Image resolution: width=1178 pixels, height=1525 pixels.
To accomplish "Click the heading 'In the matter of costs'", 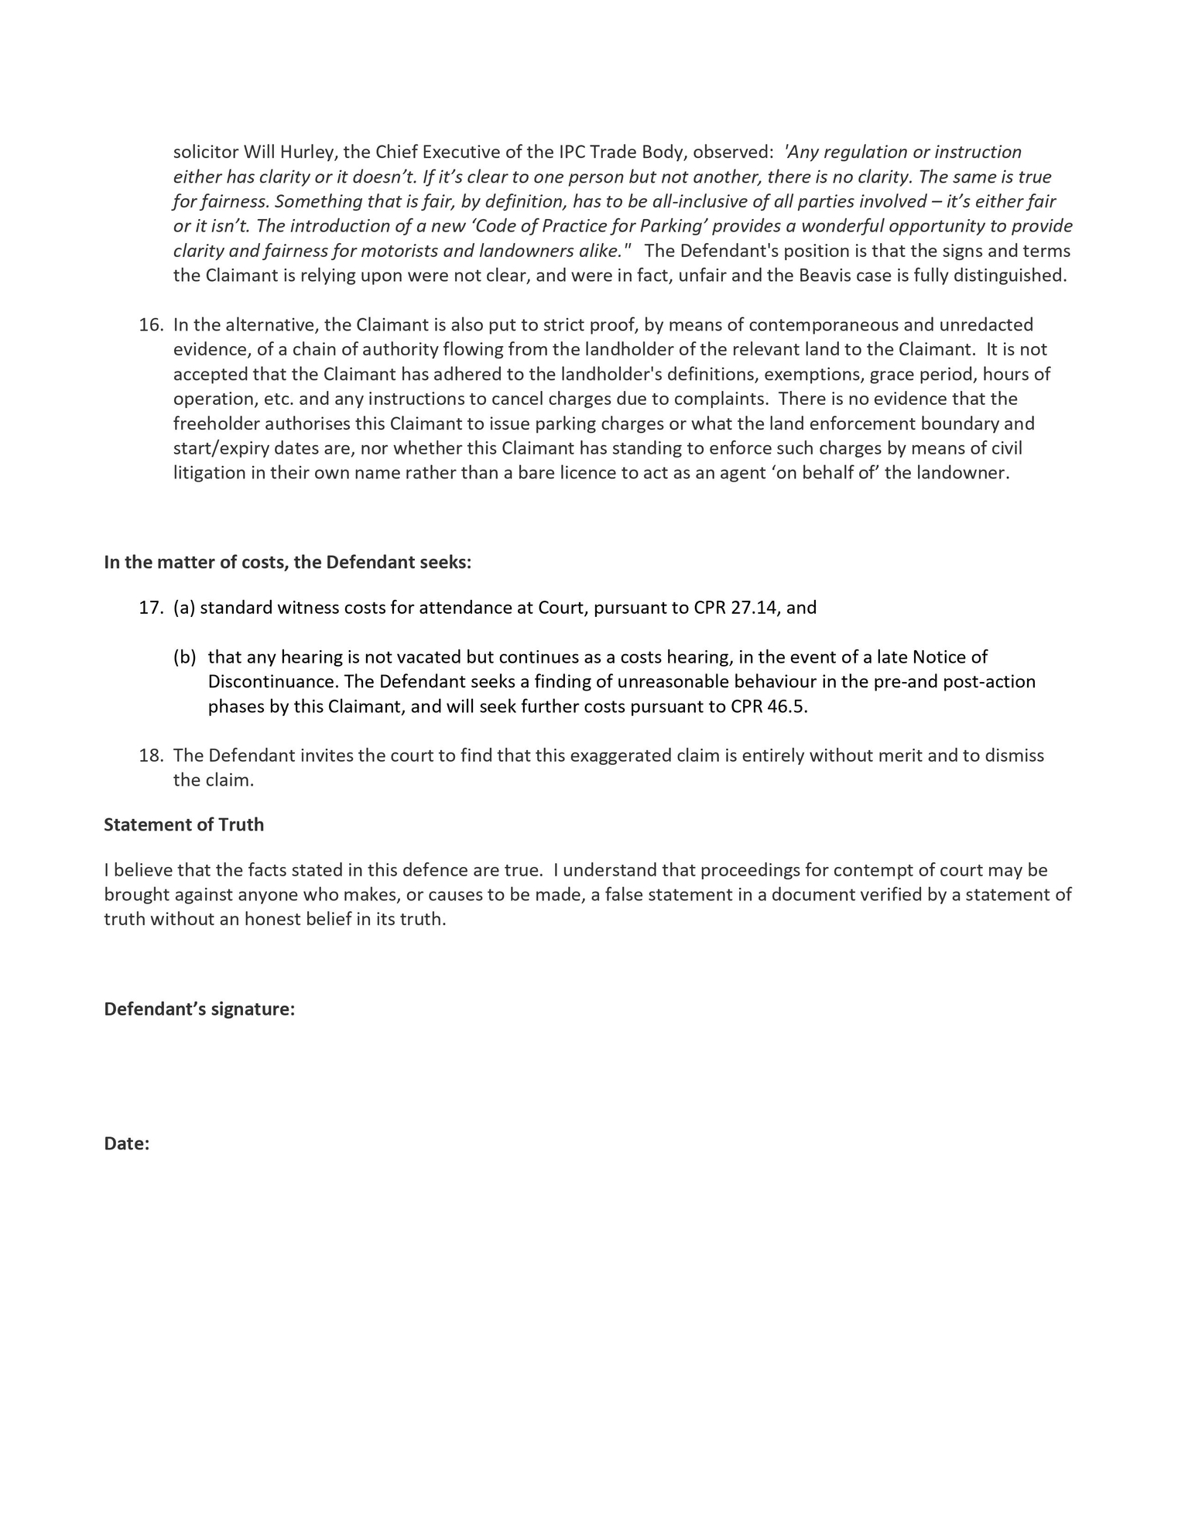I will [287, 563].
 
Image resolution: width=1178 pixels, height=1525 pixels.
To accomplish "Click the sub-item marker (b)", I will [185, 657].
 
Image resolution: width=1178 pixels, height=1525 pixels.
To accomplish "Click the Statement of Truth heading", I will [183, 825].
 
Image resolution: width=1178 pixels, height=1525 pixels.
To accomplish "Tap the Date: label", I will [126, 1144].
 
